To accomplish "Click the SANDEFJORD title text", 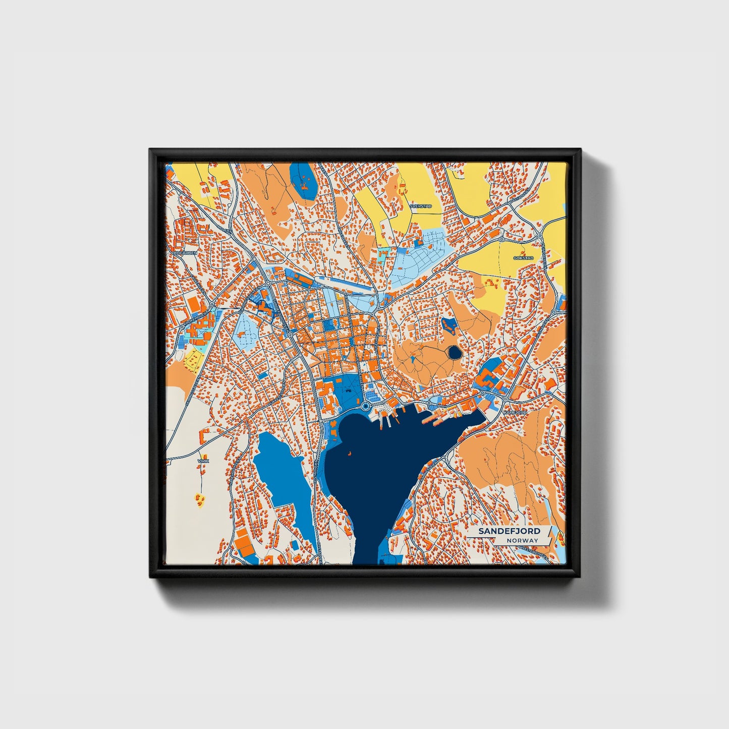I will tap(509, 531).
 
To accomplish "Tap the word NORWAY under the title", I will tap(523, 540).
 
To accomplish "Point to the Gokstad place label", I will tap(523, 258).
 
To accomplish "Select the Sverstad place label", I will tap(420, 206).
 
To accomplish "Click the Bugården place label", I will tap(185, 252).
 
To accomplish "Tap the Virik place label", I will tap(203, 461).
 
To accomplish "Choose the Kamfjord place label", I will tap(515, 413).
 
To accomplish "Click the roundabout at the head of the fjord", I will tap(365, 406).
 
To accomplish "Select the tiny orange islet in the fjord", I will tap(348, 453).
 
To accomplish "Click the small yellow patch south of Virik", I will tap(200, 499).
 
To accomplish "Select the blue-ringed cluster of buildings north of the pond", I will tap(448, 325).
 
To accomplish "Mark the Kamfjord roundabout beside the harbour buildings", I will tap(506, 399).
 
